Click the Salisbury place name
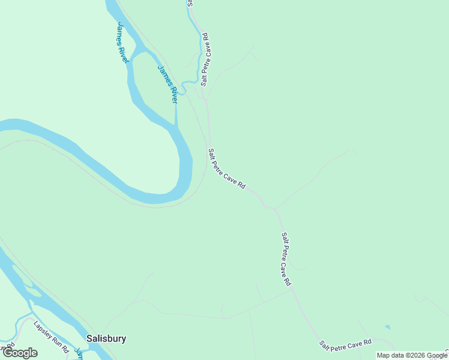point(106,338)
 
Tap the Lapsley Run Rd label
point(52,337)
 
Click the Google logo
point(20,353)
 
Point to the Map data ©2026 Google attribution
point(412,355)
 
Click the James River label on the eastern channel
point(168,83)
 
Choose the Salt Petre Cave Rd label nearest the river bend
point(227,169)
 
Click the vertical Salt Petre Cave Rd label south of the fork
point(286,259)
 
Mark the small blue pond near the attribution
point(388,327)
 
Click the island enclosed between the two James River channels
point(150,84)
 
